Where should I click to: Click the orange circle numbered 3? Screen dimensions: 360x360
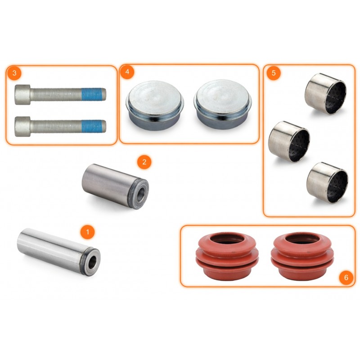(x=14, y=73)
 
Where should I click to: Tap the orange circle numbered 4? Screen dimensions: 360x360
(x=127, y=72)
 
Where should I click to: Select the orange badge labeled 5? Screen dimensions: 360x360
(x=274, y=73)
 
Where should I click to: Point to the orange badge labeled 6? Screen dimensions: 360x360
(x=346, y=277)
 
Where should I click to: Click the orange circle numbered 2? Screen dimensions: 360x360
(x=144, y=162)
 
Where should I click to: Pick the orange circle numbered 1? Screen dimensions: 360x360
(x=87, y=232)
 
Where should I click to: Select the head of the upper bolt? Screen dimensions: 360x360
(x=22, y=94)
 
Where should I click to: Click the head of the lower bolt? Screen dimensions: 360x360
(x=22, y=126)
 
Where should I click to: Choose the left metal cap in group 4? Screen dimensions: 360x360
(x=155, y=105)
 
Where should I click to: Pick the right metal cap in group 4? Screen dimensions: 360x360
(x=222, y=104)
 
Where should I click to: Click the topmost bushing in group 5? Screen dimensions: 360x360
(x=325, y=94)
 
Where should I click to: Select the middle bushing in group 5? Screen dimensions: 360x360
(x=289, y=141)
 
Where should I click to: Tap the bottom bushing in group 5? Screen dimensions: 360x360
(x=327, y=183)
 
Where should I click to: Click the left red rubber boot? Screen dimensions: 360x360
(x=227, y=256)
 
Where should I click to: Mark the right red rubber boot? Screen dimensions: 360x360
(x=302, y=256)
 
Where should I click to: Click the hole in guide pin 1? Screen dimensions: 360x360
(x=93, y=262)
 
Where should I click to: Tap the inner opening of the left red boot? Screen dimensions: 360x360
(x=227, y=239)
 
